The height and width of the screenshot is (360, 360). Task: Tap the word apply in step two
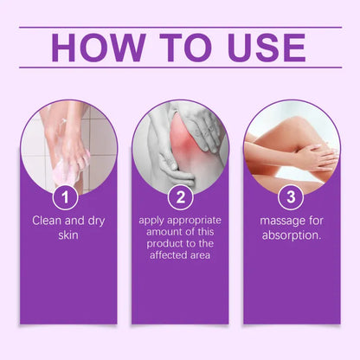[x=153, y=220]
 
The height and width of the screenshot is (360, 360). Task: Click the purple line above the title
[x=180, y=26]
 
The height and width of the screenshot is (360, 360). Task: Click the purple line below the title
[x=180, y=67]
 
